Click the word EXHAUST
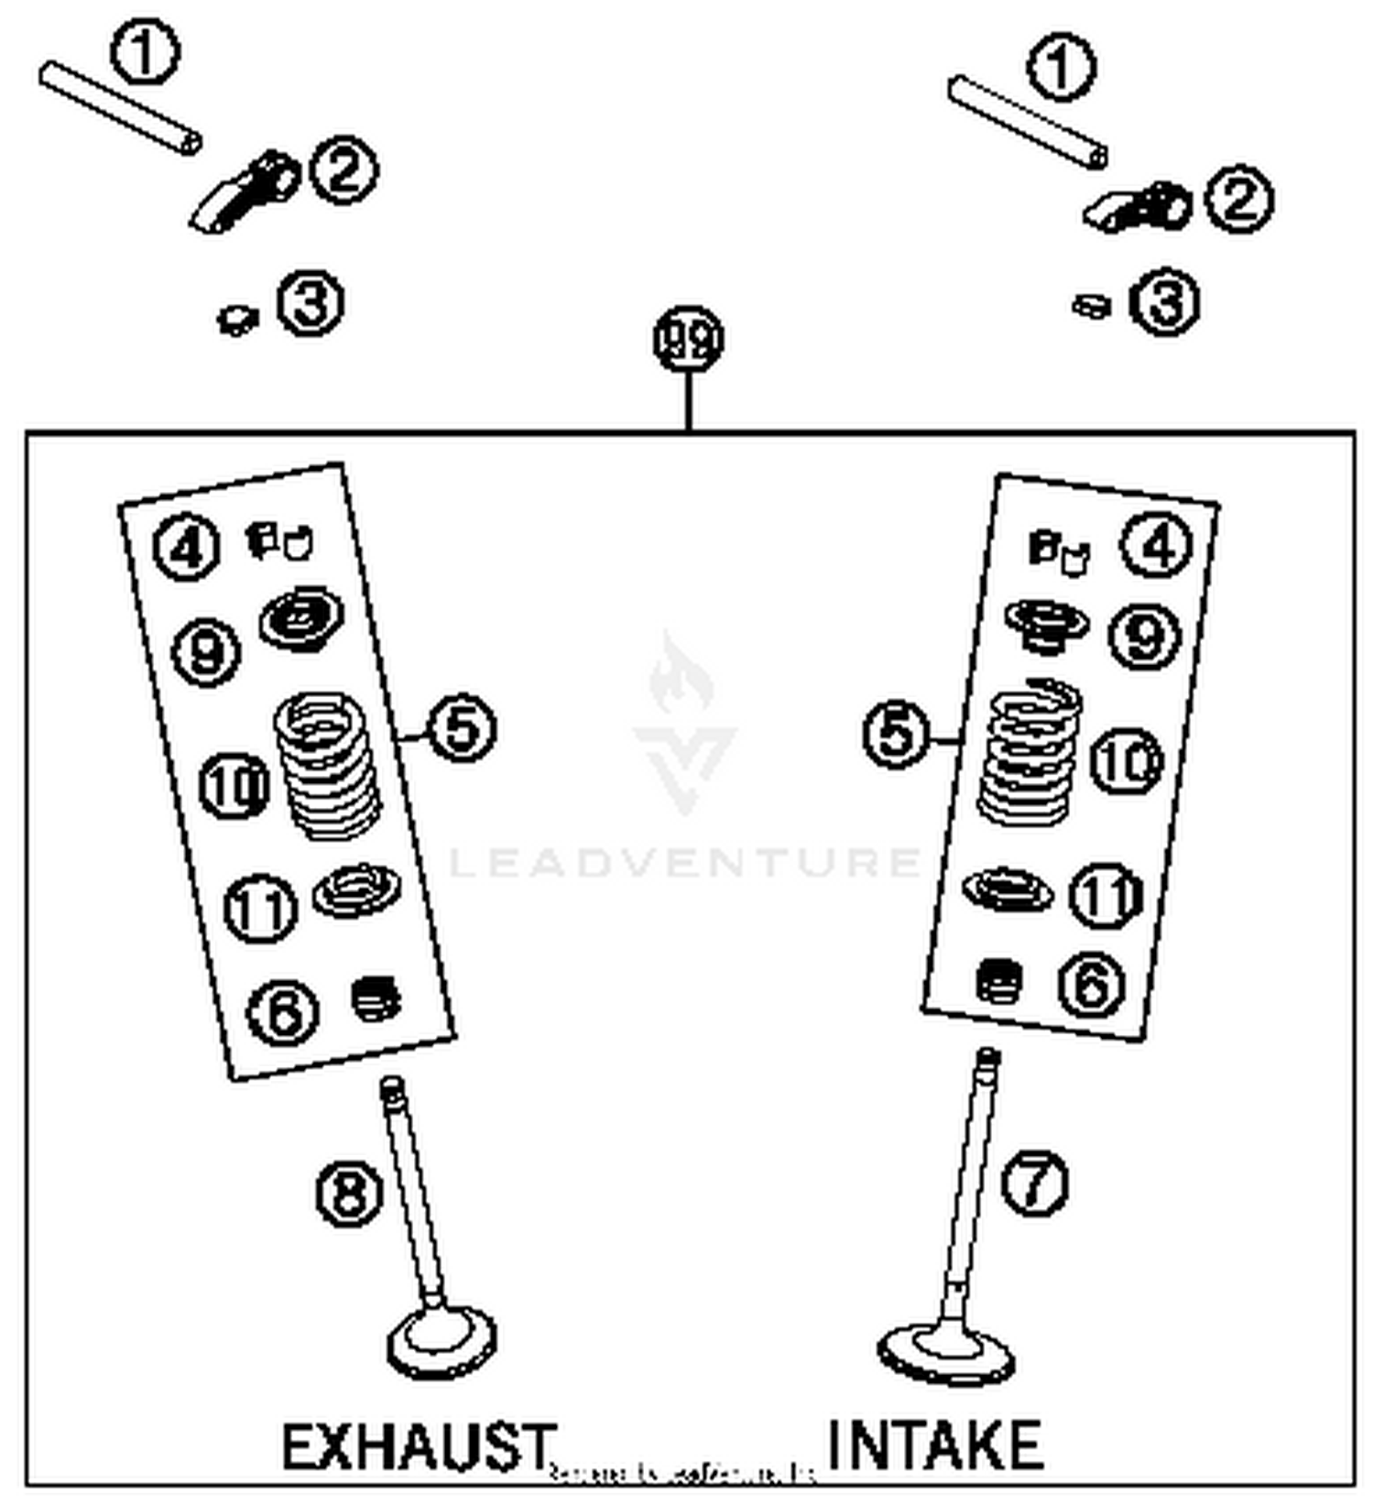418,1446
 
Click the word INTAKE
934,1445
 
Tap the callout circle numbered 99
688,339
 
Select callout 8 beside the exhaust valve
349,1194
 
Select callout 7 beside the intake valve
1034,1183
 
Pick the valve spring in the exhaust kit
327,766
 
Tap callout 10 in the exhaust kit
234,785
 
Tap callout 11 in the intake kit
1107,895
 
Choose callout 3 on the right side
1164,302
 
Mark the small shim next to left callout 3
237,319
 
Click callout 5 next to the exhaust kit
463,728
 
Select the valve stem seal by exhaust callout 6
376,998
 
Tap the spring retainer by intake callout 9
1046,626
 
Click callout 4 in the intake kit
1157,545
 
